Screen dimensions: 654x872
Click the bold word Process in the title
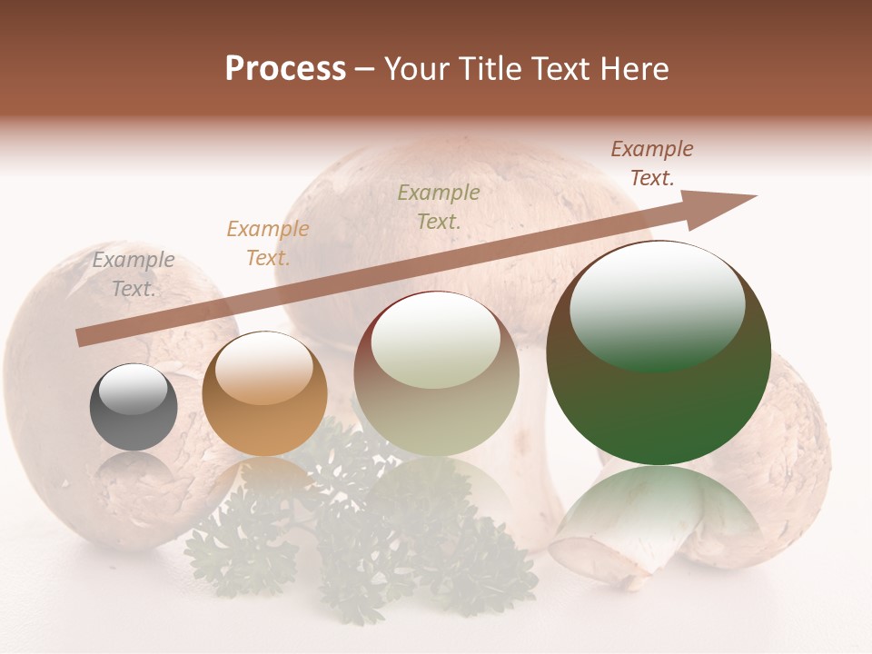click(x=285, y=69)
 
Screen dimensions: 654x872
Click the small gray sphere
click(x=134, y=407)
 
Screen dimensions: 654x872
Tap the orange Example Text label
click(x=268, y=243)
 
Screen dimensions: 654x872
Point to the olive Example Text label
click(x=439, y=206)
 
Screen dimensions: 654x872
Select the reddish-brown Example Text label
click(x=652, y=163)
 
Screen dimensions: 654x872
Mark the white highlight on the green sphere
click(x=657, y=304)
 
